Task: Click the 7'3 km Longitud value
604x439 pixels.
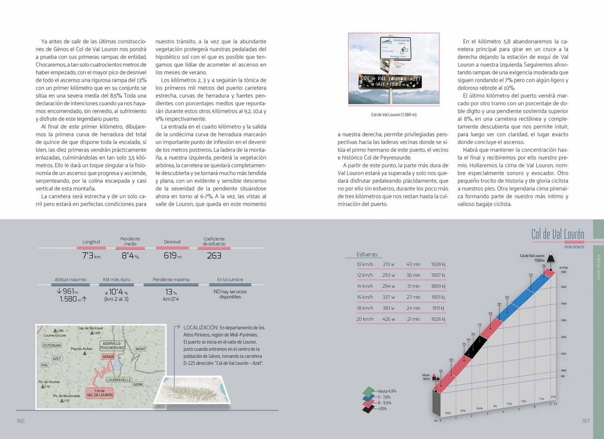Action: pyautogui.click(x=91, y=255)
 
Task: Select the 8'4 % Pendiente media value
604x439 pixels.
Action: pyautogui.click(x=130, y=255)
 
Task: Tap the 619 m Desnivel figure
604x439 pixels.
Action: pyautogui.click(x=172, y=255)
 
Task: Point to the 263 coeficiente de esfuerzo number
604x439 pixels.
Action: pyautogui.click(x=214, y=255)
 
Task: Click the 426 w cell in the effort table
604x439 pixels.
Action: pyautogui.click(x=388, y=319)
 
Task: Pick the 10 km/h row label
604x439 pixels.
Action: pyautogui.click(x=365, y=264)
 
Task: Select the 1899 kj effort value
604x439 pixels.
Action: pyautogui.click(x=438, y=286)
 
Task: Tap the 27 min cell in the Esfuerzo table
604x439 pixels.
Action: pyautogui.click(x=413, y=297)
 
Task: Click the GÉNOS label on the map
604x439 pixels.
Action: pyautogui.click(x=108, y=356)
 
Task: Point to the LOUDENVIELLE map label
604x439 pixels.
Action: pyautogui.click(x=119, y=380)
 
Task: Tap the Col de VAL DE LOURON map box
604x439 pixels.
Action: pyautogui.click(x=100, y=393)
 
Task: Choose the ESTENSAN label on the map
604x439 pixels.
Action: pyautogui.click(x=52, y=345)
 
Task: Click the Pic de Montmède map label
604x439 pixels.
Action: pyautogui.click(x=66, y=396)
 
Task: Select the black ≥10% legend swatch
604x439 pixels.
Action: pyautogui.click(x=368, y=409)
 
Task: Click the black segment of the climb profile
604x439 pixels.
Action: pyautogui.click(x=476, y=347)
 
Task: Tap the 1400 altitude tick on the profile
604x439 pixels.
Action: pyautogui.click(x=563, y=304)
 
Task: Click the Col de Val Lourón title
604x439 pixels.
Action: pyautogui.click(x=557, y=234)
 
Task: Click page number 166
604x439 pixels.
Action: pyautogui.click(x=21, y=421)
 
